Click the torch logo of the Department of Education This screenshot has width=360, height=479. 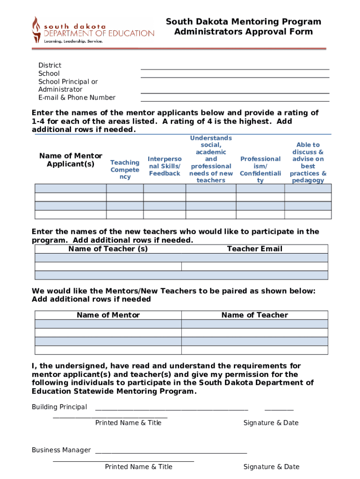coord(36,29)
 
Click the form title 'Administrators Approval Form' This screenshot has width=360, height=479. coord(243,32)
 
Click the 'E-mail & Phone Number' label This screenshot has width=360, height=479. coord(77,98)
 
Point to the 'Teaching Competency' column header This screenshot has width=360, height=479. coord(125,170)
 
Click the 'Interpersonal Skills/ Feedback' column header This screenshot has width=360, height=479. coord(165,166)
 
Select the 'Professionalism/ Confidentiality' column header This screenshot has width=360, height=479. coord(260,170)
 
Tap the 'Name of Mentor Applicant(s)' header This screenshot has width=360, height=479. coord(71,160)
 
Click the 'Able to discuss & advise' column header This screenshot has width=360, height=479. coord(308,163)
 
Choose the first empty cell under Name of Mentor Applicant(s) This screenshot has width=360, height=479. coord(71,189)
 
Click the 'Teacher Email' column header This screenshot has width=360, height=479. coord(254,249)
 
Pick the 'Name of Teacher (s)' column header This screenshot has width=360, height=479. coord(108,249)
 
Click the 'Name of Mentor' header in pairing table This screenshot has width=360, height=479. coord(108,315)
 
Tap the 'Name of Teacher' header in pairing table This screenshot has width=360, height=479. coord(254,315)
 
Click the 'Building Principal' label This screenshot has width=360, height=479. coord(59,407)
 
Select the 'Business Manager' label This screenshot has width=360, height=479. coord(61,450)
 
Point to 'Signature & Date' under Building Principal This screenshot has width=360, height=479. coord(271,423)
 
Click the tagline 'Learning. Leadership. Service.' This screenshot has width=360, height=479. coord(73,41)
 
